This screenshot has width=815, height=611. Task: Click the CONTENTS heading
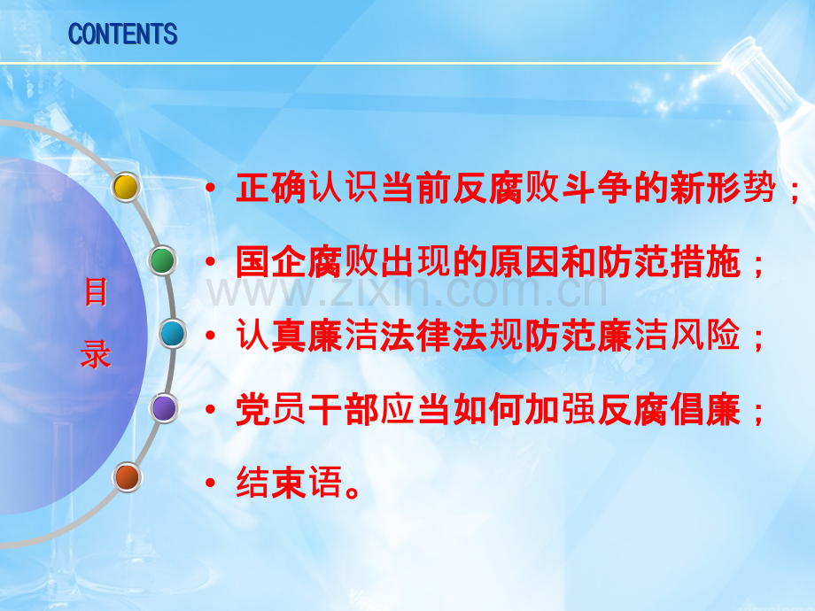pyautogui.click(x=122, y=35)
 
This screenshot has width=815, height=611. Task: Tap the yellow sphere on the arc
pyautogui.click(x=126, y=187)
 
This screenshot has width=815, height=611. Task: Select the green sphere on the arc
pyautogui.click(x=162, y=260)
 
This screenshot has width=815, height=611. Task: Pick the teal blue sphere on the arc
pyautogui.click(x=173, y=334)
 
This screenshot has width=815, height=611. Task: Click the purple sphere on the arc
pyautogui.click(x=164, y=408)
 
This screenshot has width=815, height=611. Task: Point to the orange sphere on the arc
pyautogui.click(x=127, y=477)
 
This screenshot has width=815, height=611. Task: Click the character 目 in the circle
pyautogui.click(x=97, y=291)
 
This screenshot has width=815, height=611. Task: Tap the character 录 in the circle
pyautogui.click(x=97, y=354)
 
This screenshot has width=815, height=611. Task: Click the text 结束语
pyautogui.click(x=289, y=483)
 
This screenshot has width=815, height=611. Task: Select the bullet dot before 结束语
pyautogui.click(x=210, y=483)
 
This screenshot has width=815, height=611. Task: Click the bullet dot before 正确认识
pyautogui.click(x=210, y=188)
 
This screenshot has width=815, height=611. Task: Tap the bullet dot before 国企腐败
pyautogui.click(x=210, y=261)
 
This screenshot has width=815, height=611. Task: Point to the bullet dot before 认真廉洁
pyautogui.click(x=210, y=336)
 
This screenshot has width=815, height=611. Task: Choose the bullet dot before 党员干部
pyautogui.click(x=210, y=409)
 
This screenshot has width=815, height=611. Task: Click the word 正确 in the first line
pyautogui.click(x=271, y=187)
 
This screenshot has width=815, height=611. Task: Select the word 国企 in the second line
pyautogui.click(x=271, y=261)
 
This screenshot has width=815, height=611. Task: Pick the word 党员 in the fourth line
pyautogui.click(x=271, y=409)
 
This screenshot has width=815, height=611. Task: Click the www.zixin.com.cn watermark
pyautogui.click(x=407, y=292)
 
